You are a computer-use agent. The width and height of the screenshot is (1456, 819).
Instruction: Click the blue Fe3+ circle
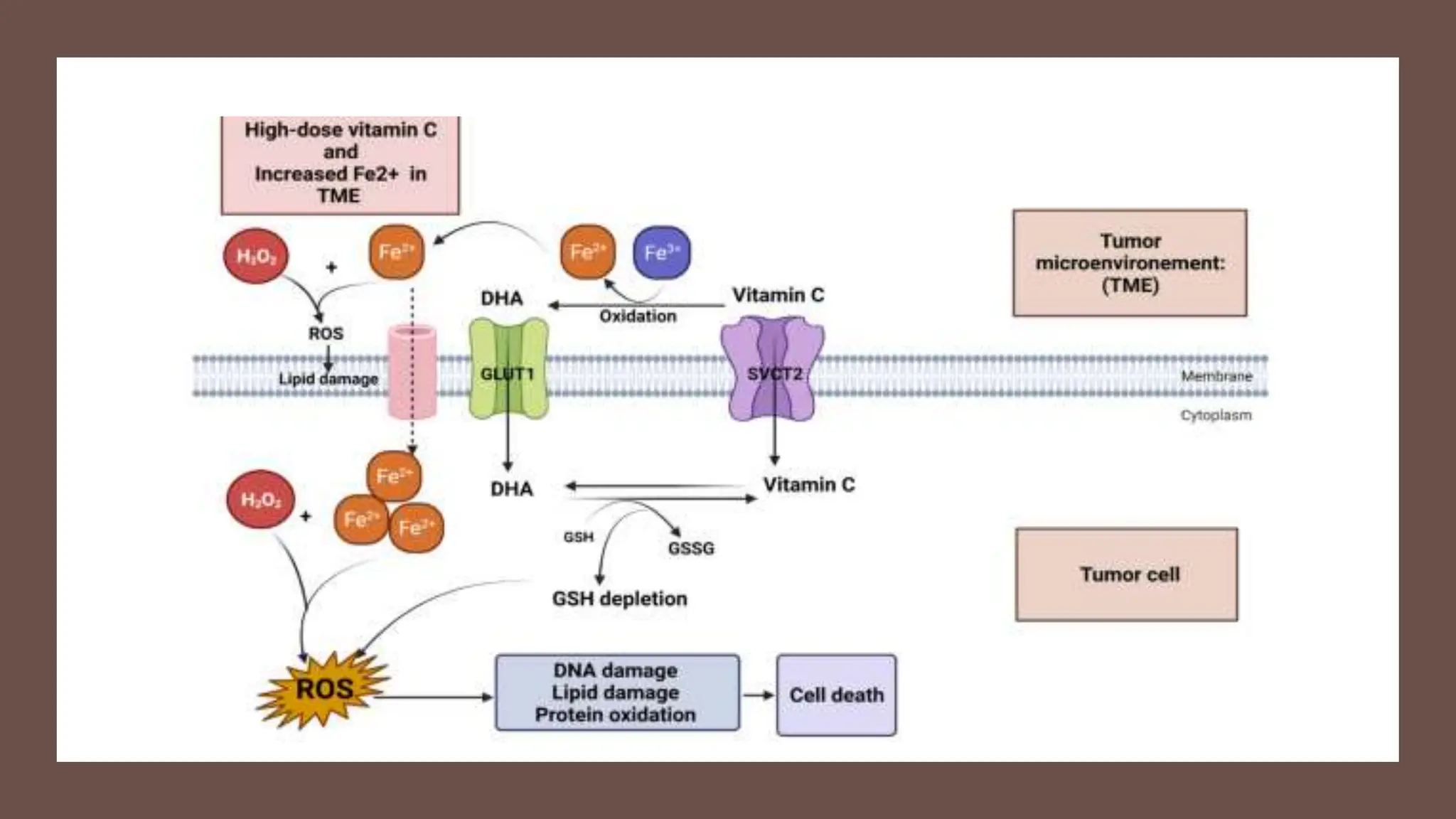click(661, 252)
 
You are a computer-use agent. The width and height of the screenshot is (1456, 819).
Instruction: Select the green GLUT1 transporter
click(508, 368)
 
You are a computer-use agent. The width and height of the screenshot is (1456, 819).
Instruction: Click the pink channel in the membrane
click(412, 371)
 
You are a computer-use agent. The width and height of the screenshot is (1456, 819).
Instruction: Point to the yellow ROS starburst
click(323, 690)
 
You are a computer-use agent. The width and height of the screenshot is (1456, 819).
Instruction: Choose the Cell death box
click(837, 695)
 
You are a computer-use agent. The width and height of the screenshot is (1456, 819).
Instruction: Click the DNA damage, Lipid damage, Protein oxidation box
click(617, 692)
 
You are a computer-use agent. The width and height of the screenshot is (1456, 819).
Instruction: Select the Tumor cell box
click(1127, 574)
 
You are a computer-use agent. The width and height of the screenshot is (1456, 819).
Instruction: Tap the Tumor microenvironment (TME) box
click(1130, 263)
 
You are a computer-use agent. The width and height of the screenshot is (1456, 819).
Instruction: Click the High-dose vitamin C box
click(341, 165)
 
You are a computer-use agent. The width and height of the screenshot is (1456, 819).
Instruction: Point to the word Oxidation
click(638, 316)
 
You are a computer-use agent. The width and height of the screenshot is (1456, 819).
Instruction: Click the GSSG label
click(691, 548)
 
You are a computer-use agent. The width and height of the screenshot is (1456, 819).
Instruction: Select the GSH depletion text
click(620, 599)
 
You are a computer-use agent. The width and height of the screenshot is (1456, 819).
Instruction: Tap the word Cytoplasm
click(1216, 415)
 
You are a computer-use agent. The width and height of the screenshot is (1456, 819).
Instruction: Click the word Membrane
click(1217, 376)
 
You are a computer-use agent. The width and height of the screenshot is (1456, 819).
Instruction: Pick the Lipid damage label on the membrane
click(328, 379)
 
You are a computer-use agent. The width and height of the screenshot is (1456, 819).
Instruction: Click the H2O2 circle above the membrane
click(256, 256)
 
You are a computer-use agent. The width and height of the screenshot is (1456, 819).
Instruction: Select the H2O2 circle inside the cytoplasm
click(260, 499)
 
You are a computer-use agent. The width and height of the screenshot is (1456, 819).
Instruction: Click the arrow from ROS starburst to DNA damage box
click(433, 697)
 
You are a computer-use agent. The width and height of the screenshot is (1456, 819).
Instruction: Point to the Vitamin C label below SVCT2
click(809, 485)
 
